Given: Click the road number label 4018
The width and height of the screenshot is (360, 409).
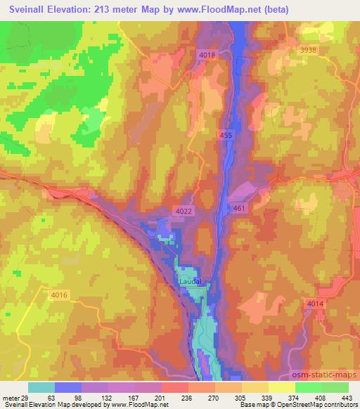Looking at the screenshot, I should coord(208,55).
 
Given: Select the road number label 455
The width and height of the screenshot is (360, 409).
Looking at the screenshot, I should coord(224,134).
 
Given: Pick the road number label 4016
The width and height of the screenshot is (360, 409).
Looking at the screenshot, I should coord(59,295).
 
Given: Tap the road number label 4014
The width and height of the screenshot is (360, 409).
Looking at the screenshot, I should coord(316,303).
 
